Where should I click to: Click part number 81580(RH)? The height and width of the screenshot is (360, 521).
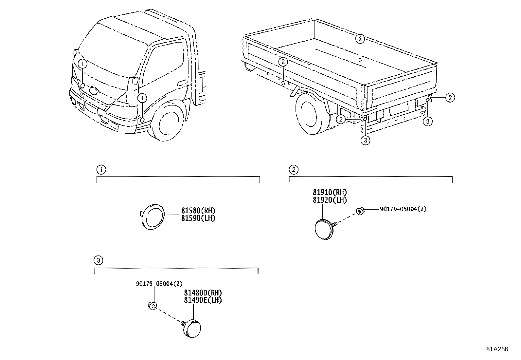click(x=198, y=211)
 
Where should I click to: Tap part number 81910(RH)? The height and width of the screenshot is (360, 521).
click(x=330, y=193)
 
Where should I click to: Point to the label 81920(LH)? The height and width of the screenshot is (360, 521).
click(x=330, y=200)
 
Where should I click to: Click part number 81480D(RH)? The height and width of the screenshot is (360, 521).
click(x=203, y=293)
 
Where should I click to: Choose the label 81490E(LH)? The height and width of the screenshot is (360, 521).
click(x=203, y=300)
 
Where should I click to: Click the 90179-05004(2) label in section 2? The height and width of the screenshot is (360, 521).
click(x=403, y=209)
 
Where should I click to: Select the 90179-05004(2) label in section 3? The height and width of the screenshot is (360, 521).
click(x=159, y=284)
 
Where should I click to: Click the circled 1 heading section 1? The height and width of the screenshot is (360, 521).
click(x=101, y=170)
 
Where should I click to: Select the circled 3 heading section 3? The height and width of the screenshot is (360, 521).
click(x=99, y=260)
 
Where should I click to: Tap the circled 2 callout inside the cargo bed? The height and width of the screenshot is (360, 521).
click(x=360, y=39)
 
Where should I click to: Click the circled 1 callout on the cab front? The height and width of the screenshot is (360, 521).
click(x=82, y=63)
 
